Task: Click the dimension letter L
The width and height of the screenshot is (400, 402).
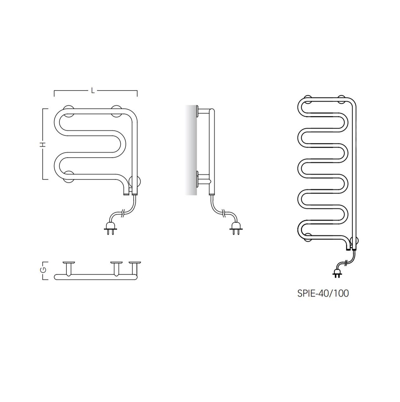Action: (x=93, y=90)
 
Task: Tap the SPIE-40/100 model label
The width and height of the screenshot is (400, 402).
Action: (x=323, y=293)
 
